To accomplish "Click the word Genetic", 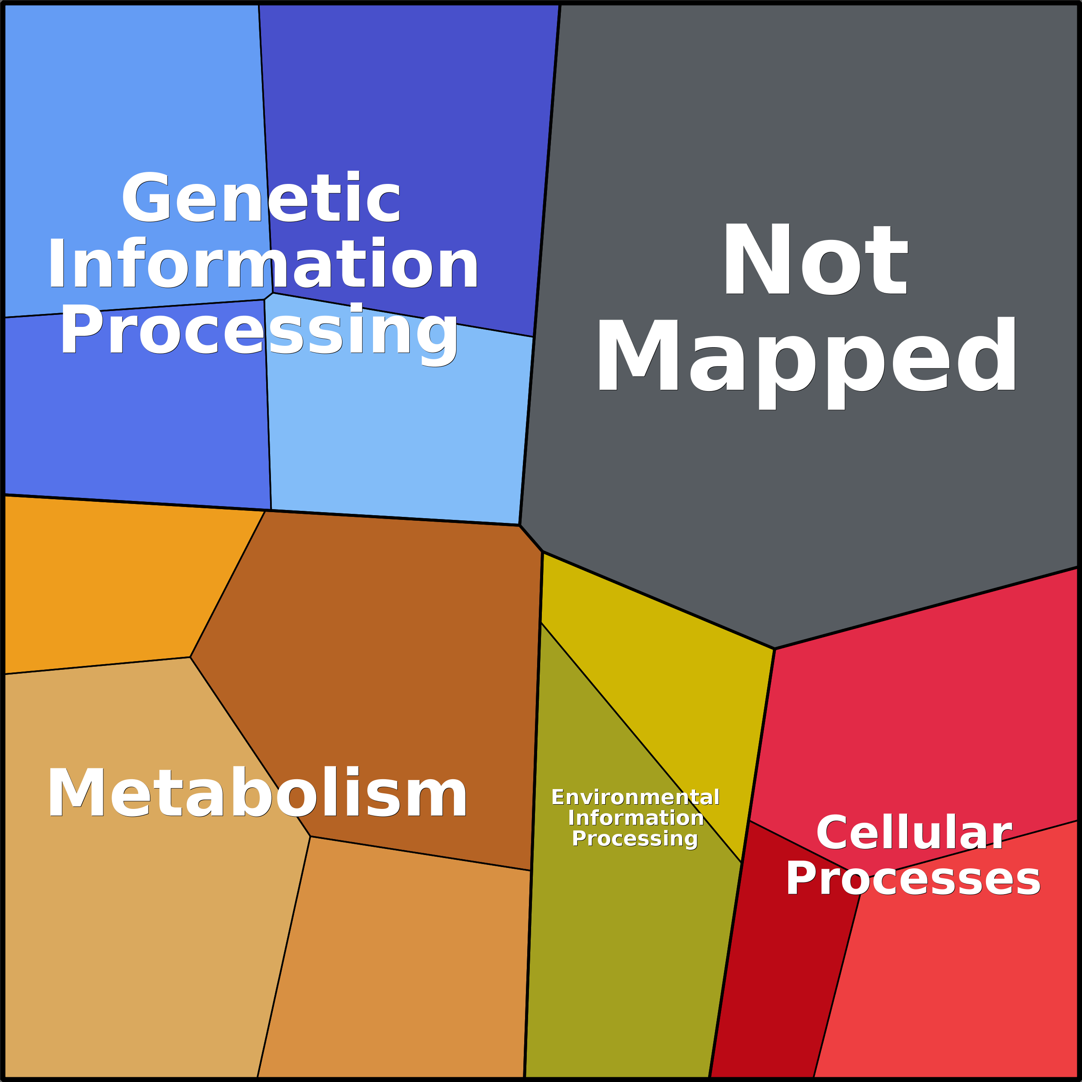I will [x=261, y=198].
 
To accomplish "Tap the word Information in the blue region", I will [x=262, y=264].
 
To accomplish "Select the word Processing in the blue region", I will [x=259, y=331].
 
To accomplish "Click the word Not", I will [x=815, y=259].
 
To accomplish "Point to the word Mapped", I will [x=806, y=357].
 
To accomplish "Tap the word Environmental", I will [x=635, y=797].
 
